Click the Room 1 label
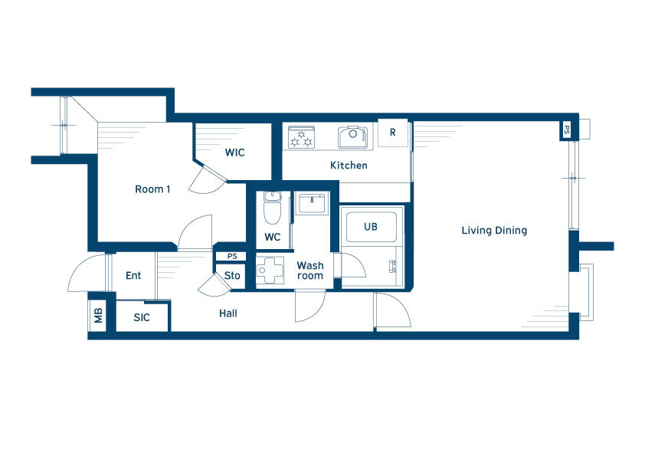click(152, 189)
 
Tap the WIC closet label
click(235, 153)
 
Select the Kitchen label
click(349, 166)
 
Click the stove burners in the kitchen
click(302, 137)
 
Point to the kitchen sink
click(352, 137)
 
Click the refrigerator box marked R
click(393, 133)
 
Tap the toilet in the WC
click(272, 208)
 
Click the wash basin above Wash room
click(312, 204)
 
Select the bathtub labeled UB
click(371, 227)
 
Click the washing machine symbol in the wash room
click(270, 270)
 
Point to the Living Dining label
click(494, 231)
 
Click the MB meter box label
click(98, 316)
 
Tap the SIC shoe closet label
click(142, 318)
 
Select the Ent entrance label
click(133, 276)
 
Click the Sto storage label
click(232, 276)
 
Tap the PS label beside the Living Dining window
click(567, 130)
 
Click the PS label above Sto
click(232, 257)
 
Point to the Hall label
click(228, 313)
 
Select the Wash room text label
click(310, 271)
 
